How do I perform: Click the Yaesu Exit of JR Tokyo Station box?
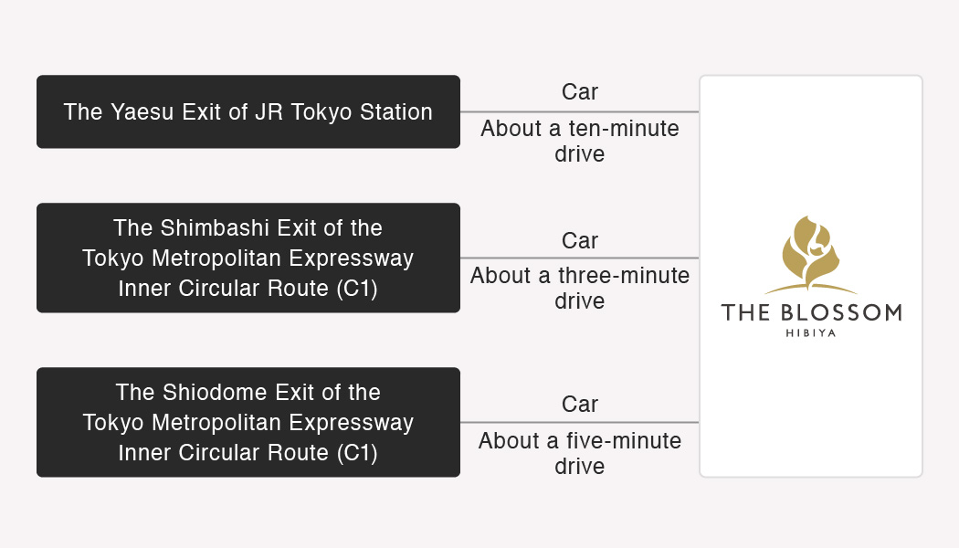coord(248,112)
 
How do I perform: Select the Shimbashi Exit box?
coord(248,258)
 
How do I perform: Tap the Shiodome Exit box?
coord(248,422)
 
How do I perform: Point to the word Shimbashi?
coord(214,228)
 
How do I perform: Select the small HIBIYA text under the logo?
coord(811,333)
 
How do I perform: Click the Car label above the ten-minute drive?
coord(580,91)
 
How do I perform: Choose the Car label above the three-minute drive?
coord(580,240)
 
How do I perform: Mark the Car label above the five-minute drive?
coord(580,405)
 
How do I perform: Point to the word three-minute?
coord(624,275)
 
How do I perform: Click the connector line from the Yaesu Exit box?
coord(579,112)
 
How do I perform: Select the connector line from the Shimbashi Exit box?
coord(579,258)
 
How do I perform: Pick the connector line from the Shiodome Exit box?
coord(579,422)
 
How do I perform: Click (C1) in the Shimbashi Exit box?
coord(357,288)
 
